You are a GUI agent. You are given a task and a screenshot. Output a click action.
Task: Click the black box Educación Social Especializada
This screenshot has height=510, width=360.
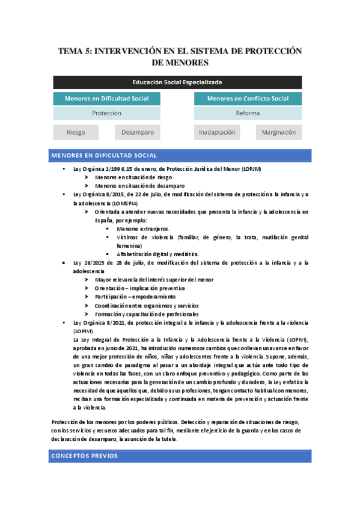pyautogui.click(x=177, y=82)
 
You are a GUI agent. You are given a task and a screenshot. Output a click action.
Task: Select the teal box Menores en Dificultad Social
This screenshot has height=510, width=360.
pyautogui.click(x=107, y=99)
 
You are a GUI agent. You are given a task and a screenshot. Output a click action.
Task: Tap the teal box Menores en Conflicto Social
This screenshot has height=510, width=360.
pyautogui.click(x=248, y=99)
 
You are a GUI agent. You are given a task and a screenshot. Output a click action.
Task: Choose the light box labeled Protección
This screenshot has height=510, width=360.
pyautogui.click(x=107, y=113)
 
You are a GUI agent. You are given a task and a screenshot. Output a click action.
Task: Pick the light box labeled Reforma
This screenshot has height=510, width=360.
pyautogui.click(x=248, y=113)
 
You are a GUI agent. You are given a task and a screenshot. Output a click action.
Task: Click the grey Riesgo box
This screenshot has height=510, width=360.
pyautogui.click(x=76, y=132)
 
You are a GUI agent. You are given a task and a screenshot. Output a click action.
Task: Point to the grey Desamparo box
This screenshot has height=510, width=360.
pyautogui.click(x=138, y=132)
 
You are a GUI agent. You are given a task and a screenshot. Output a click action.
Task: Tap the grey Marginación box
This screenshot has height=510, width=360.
pyautogui.click(x=278, y=132)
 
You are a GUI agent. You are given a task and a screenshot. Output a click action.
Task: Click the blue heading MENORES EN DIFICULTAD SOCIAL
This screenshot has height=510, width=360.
pyautogui.click(x=105, y=156)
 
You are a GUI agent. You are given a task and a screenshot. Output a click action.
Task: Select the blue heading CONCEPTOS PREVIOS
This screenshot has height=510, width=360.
pyautogui.click(x=85, y=457)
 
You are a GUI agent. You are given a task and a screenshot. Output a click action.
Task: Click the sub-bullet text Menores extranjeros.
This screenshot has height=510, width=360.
pyautogui.click(x=143, y=229)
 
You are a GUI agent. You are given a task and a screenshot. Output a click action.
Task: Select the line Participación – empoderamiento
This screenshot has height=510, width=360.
pyautogui.click(x=135, y=296)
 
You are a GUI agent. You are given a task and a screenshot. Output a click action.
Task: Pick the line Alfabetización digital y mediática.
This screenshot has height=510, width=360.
pyautogui.click(x=157, y=254)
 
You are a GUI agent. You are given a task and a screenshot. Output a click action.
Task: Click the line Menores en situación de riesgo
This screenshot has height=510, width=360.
pyautogui.click(x=133, y=178)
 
